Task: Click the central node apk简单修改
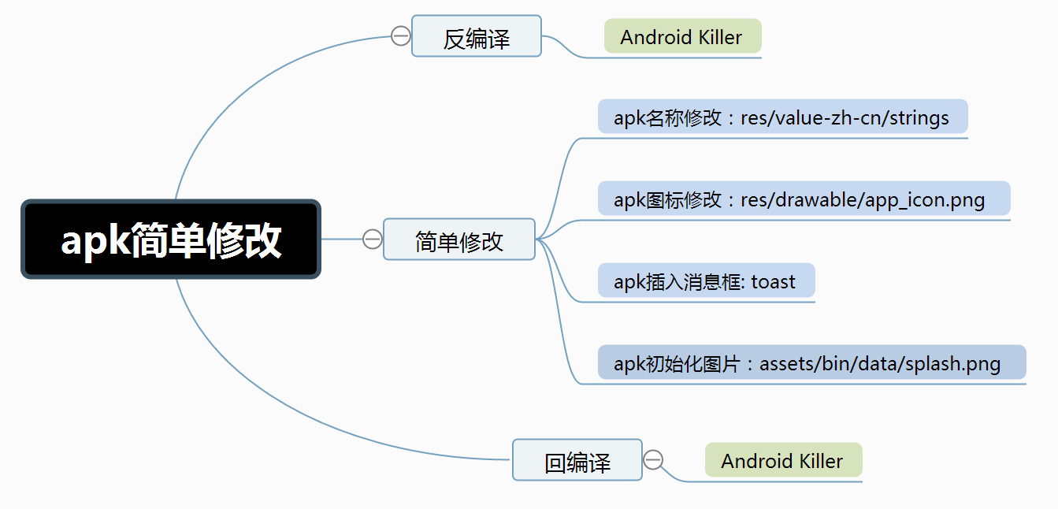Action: click(170, 240)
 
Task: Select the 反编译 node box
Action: click(476, 36)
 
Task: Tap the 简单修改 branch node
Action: click(458, 240)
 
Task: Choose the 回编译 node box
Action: click(577, 460)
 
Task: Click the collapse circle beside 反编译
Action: click(401, 35)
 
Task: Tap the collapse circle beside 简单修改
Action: click(373, 239)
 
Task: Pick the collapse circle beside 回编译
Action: click(653, 460)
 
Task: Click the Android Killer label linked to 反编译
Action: click(682, 37)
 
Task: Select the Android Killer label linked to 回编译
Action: click(783, 461)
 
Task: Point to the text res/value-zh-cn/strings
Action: click(845, 118)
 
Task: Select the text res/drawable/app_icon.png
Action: click(863, 199)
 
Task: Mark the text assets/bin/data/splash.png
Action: click(880, 363)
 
